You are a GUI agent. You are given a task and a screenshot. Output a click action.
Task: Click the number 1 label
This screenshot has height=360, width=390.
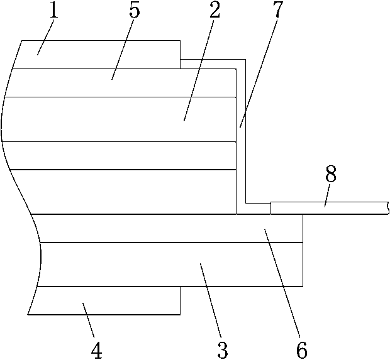click(54, 11)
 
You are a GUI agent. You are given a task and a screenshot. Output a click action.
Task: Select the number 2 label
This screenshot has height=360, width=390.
click(215, 11)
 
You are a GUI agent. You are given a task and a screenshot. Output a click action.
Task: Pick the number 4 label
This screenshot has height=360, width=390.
click(96, 350)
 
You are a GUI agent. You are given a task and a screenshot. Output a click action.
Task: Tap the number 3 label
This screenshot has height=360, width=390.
click(223, 350)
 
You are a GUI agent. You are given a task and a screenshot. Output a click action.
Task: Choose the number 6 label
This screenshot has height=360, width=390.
click(303, 350)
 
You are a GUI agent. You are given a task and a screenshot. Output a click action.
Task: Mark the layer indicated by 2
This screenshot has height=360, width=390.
click(126, 119)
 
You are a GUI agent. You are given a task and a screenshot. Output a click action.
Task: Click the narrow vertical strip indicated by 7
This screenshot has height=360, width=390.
click(240, 138)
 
